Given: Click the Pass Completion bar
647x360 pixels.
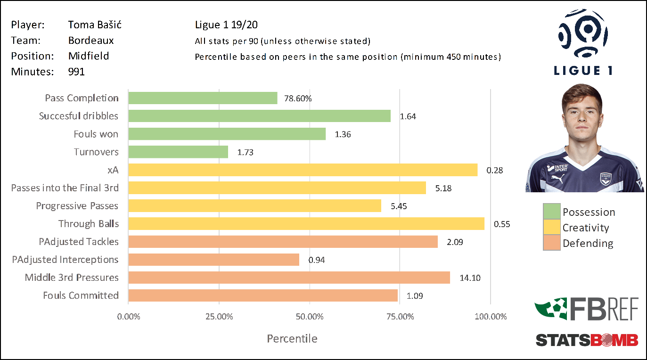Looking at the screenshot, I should pos(203,98).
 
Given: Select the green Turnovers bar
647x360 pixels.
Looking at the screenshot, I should pos(178,152).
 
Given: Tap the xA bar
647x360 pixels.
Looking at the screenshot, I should pos(303,170).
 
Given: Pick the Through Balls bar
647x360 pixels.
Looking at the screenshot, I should pos(306,224).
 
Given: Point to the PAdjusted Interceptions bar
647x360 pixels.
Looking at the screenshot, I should pos(213,260).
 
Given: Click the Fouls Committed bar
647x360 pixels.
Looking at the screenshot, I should pos(263,295).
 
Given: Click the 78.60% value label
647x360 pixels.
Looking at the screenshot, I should pos(298,98).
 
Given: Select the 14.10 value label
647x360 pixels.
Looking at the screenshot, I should pos(469,278).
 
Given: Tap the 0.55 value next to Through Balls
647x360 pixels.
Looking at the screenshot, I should pos(502,224).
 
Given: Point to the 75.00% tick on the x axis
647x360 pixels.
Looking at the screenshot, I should pos(400,317).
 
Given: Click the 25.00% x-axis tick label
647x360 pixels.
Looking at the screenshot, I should pos(219,317).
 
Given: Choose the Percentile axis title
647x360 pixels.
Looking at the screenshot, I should pos(292,338).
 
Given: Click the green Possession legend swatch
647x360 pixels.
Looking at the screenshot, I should pos(552,212).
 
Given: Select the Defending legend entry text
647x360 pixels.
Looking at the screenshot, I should pos(588,243).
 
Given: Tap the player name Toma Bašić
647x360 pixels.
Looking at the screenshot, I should pos(95,25).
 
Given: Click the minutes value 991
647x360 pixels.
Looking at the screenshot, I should pos(76,72).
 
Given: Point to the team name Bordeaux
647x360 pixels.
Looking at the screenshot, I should pos(91,41).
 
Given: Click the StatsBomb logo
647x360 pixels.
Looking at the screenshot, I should pos(587,339).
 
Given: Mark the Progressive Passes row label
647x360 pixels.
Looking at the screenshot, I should pos(77,206).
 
